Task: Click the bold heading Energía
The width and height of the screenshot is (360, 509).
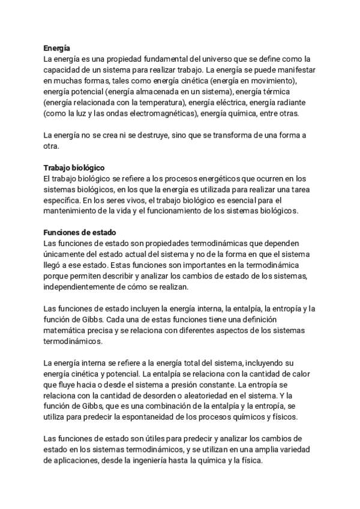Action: [58, 49]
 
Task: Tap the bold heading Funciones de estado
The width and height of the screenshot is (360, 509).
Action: [80, 232]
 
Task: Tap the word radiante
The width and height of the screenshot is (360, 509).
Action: [290, 102]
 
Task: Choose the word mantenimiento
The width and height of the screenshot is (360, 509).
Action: [71, 211]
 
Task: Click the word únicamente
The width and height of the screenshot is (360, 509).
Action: [65, 254]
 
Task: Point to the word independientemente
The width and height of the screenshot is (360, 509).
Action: [83, 286]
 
